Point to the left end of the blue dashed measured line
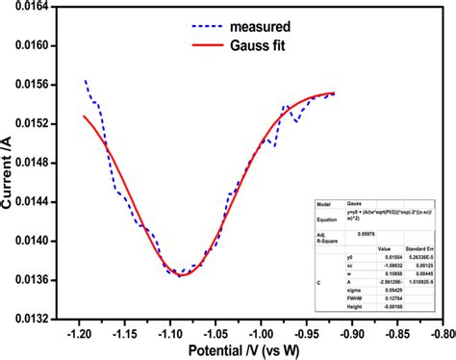click(85, 80)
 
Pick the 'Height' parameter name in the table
click(353, 308)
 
